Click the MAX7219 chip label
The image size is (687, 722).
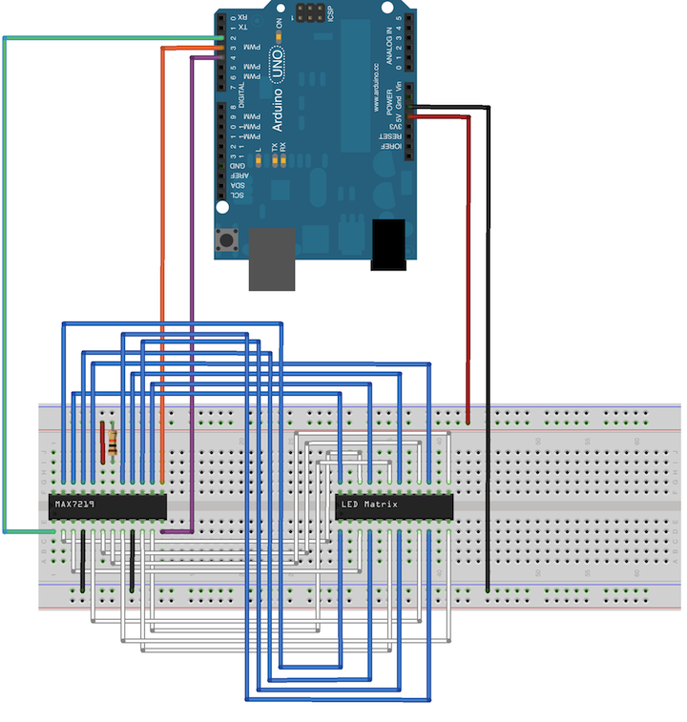click(x=74, y=503)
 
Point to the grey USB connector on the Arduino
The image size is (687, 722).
click(x=272, y=258)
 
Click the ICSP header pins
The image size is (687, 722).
click(x=308, y=15)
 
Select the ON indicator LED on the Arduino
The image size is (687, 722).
click(x=278, y=34)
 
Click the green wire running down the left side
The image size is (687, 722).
click(x=5, y=286)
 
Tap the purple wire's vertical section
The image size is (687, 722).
click(x=193, y=286)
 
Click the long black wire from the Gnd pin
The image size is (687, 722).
click(x=489, y=334)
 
